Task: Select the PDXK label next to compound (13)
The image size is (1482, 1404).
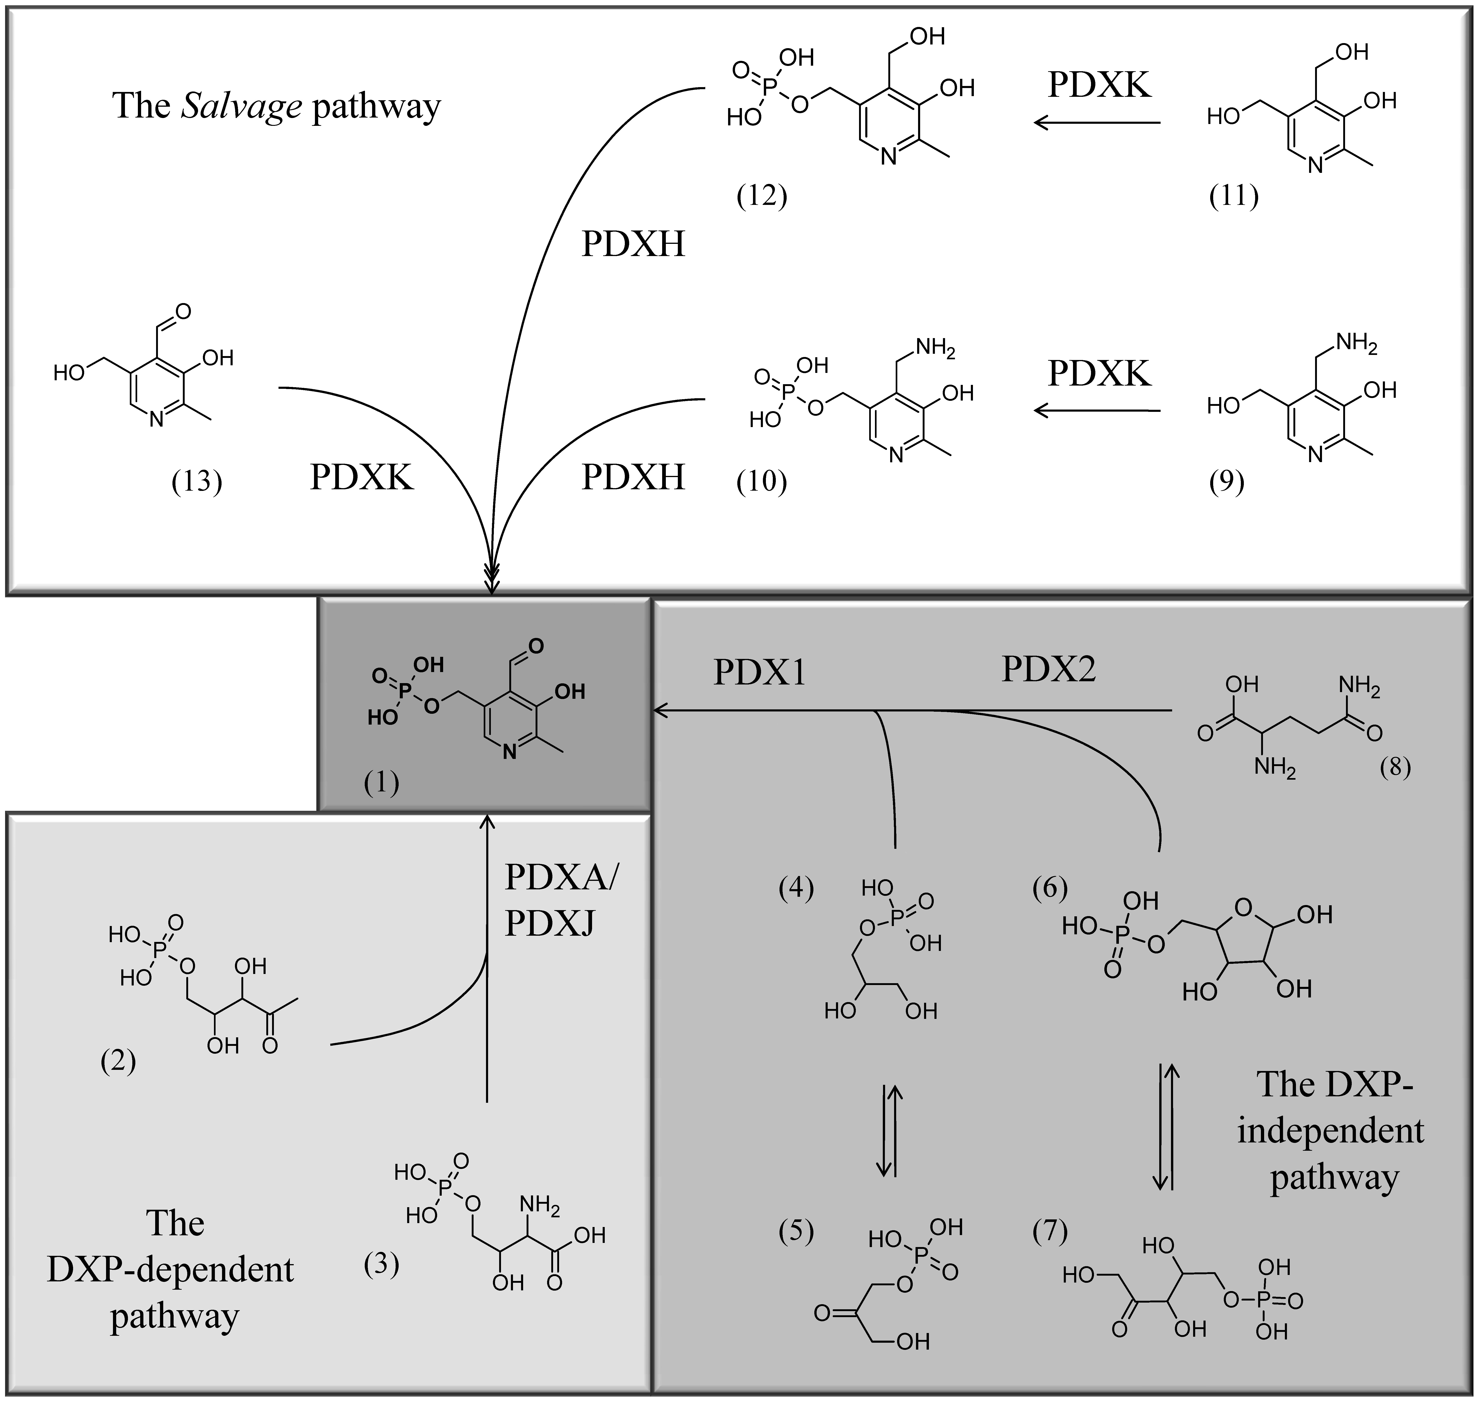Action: click(x=362, y=477)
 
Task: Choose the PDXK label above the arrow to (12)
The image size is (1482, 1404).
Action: click(x=1099, y=85)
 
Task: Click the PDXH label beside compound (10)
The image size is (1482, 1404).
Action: click(x=633, y=477)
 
